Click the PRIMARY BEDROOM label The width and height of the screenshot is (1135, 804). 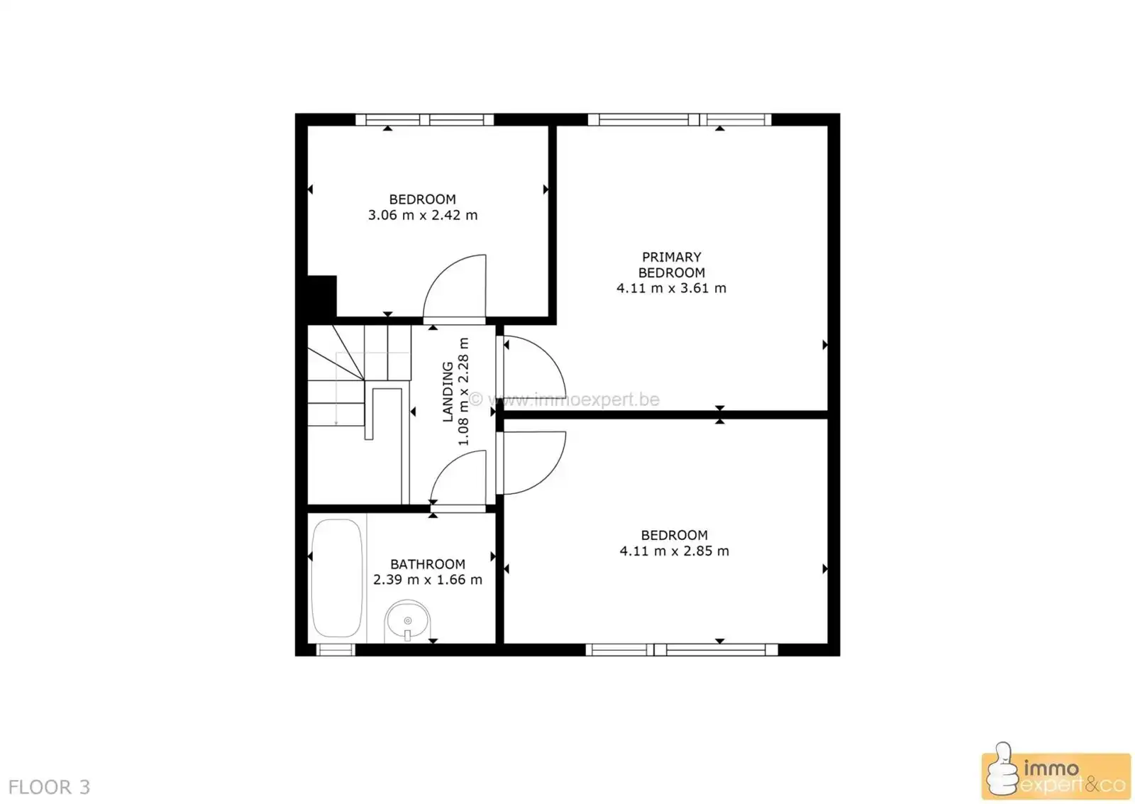671,265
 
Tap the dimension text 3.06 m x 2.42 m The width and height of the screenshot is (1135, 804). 423,215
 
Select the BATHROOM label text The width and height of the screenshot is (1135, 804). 428,564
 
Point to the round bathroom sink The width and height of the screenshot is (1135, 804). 407,622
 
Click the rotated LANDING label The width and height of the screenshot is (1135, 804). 448,392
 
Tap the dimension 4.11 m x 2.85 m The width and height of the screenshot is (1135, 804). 674,551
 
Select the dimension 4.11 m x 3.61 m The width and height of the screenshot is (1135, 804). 671,288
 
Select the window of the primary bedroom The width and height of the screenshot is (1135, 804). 679,120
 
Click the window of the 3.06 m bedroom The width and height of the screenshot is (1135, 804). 424,120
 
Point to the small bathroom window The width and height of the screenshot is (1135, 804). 335,649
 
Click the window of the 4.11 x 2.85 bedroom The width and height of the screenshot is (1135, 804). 681,649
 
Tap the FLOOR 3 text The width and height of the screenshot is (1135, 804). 49,787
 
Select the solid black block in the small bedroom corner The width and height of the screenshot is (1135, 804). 321,296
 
